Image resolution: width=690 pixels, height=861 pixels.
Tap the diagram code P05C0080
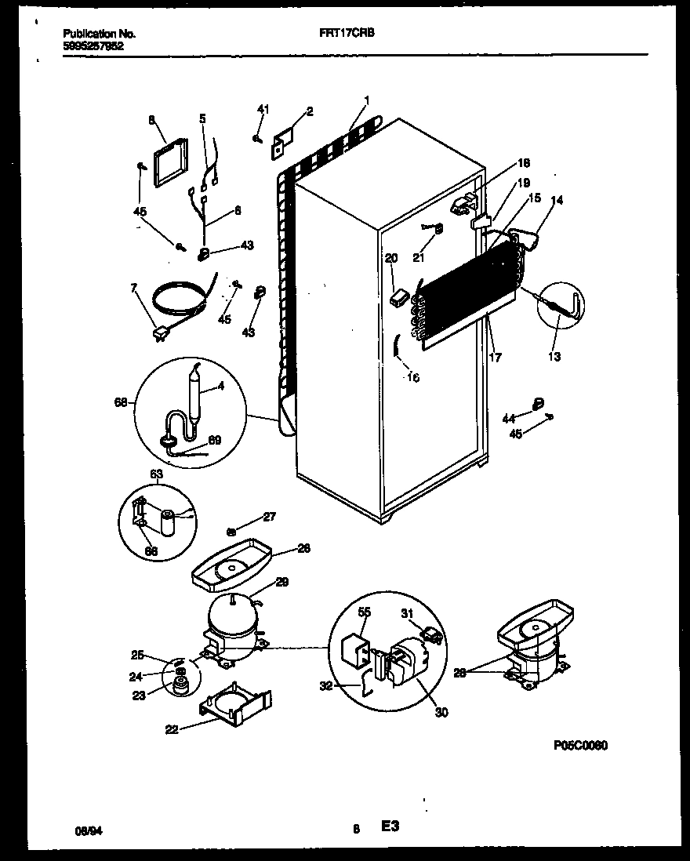(x=580, y=746)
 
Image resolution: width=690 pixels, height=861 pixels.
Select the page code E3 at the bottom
(x=390, y=826)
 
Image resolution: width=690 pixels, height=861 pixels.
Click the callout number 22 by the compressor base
(x=172, y=729)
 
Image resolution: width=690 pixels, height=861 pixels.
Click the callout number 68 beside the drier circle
(x=120, y=402)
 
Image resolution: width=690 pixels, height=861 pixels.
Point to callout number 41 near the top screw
(x=263, y=110)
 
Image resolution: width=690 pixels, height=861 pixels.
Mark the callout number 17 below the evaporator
(x=494, y=358)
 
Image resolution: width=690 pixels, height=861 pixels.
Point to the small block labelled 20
(x=398, y=296)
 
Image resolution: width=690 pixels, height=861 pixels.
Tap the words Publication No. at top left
(x=98, y=35)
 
